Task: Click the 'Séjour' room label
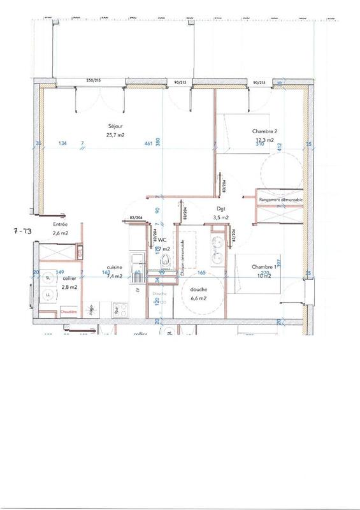(114, 126)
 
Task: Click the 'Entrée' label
(61, 224)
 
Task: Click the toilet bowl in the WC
(164, 260)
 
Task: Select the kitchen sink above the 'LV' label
(137, 260)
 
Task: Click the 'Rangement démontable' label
(281, 200)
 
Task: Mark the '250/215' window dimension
(95, 81)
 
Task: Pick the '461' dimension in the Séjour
(148, 144)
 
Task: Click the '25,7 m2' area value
(115, 135)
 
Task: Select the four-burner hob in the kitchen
(119, 312)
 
